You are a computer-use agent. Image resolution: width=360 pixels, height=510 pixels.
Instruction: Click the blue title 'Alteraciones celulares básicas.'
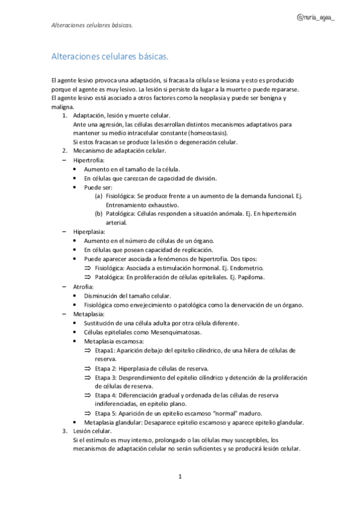coord(109,57)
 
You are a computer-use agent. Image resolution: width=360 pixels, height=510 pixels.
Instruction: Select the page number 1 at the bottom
coord(180,476)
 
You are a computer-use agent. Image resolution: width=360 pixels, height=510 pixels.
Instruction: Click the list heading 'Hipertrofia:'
coord(89,161)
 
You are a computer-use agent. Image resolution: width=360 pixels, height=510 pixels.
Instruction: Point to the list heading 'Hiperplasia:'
coord(90,231)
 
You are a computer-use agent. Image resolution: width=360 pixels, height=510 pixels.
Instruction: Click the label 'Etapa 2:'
coord(108,367)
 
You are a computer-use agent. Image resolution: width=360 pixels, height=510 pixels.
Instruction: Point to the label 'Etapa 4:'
coord(108,395)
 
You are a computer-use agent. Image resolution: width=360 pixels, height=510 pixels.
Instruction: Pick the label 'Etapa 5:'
coord(108,413)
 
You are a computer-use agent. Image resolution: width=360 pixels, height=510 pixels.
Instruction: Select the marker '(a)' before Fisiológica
coord(99,197)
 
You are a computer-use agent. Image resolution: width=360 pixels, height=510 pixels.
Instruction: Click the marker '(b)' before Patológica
coord(99,214)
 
